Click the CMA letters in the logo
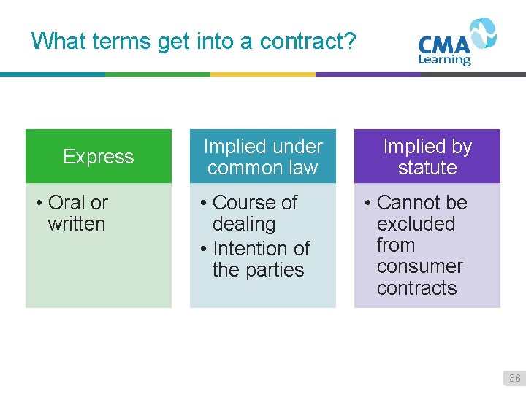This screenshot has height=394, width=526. pyautogui.click(x=443, y=45)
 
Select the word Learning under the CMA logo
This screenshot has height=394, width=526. pyautogui.click(x=444, y=60)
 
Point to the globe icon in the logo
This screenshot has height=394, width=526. pyautogui.click(x=483, y=34)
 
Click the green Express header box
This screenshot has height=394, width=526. pyautogui.click(x=99, y=156)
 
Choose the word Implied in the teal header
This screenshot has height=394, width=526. pyautogui.click(x=235, y=147)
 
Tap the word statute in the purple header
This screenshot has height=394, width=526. pyautogui.click(x=427, y=168)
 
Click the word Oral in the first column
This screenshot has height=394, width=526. pyautogui.click(x=66, y=202)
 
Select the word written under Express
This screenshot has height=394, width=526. pyautogui.click(x=77, y=224)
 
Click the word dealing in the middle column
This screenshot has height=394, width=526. pyautogui.click(x=244, y=224)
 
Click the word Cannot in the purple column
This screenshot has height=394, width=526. pyautogui.click(x=407, y=202)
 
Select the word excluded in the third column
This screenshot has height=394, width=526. pyautogui.click(x=416, y=224)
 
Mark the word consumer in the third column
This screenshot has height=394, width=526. pyautogui.click(x=420, y=266)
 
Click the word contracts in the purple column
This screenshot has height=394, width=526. pyautogui.click(x=416, y=288)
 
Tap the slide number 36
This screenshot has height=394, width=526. pyautogui.click(x=515, y=378)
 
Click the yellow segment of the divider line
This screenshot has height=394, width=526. pyautogui.click(x=263, y=74)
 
